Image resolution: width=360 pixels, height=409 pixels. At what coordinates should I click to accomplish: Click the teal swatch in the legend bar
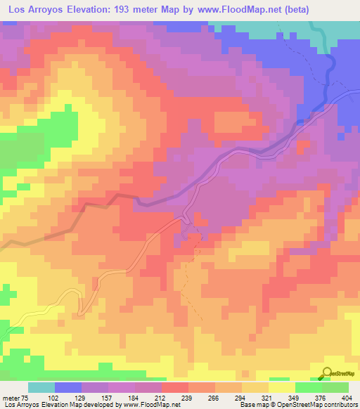coord(41,387)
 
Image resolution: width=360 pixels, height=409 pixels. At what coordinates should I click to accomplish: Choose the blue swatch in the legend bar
coord(68,387)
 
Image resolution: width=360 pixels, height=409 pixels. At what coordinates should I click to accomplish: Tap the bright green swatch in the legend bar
coord(308,387)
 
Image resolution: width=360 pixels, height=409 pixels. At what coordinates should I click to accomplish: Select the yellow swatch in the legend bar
coord(281,387)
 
